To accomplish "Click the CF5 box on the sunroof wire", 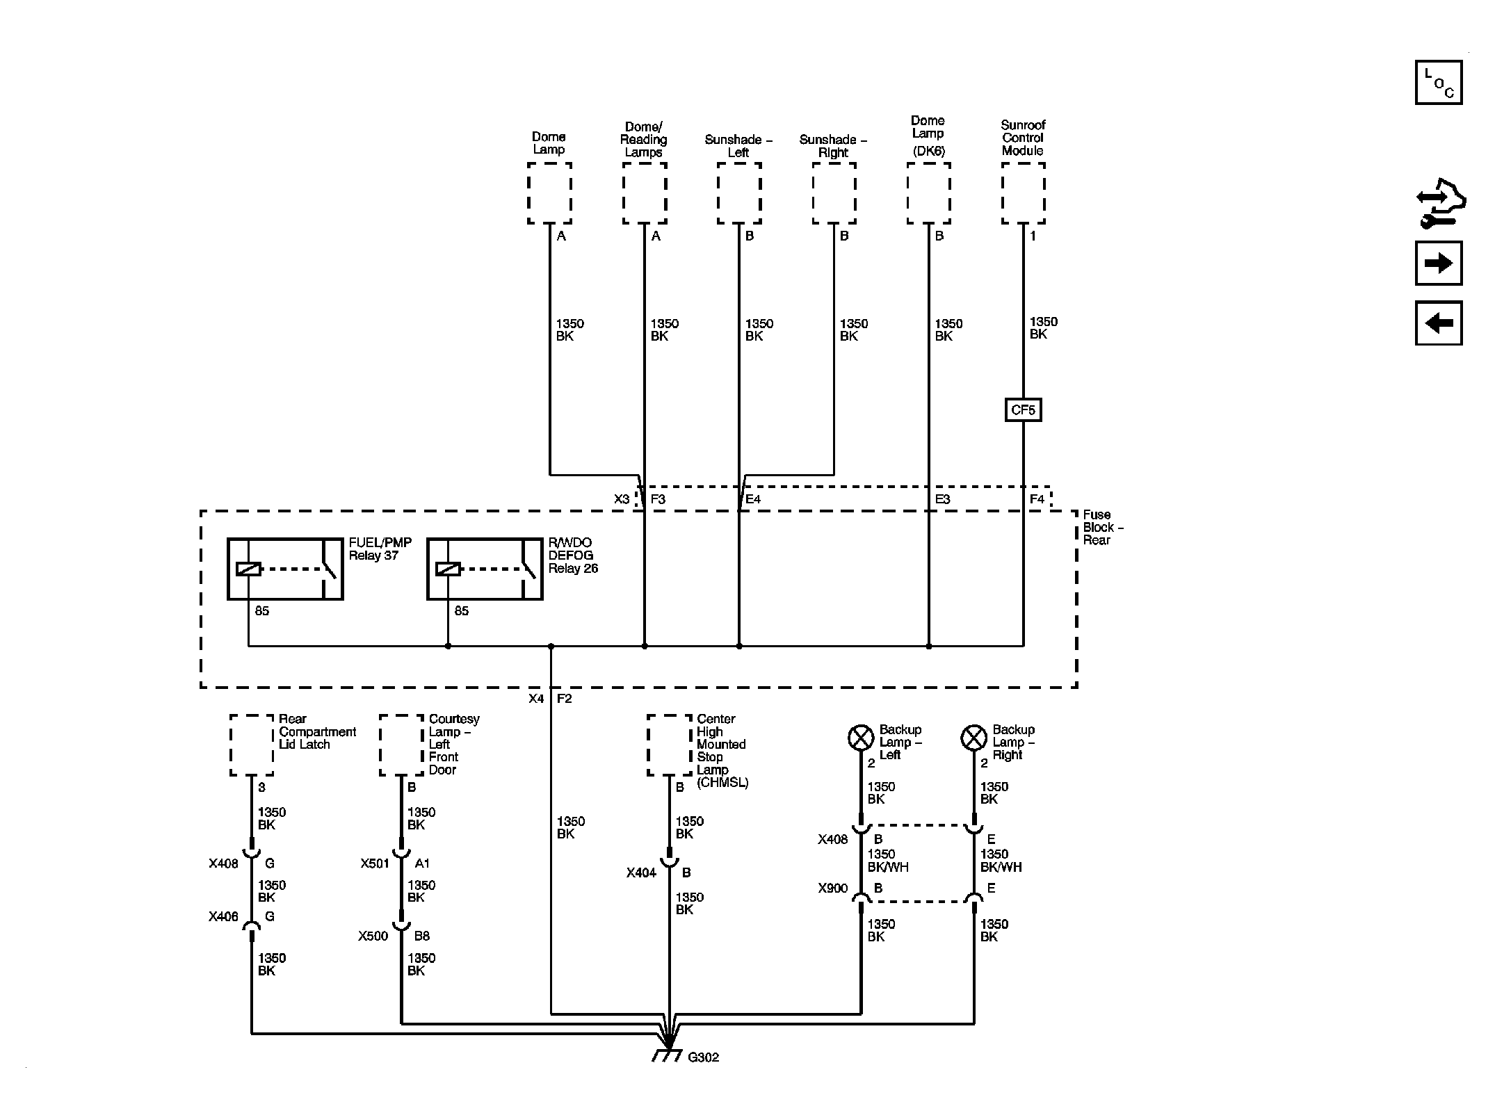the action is pos(1024,410).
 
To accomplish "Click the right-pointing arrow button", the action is pos(1439,263).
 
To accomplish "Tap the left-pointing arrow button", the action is pos(1439,323).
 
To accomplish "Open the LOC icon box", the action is pos(1439,83).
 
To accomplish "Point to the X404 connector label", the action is pos(641,873).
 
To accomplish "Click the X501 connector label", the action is pos(375,863).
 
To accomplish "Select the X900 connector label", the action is pos(833,888).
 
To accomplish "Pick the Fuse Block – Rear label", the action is pos(1103,528).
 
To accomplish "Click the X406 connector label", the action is pos(223,917).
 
